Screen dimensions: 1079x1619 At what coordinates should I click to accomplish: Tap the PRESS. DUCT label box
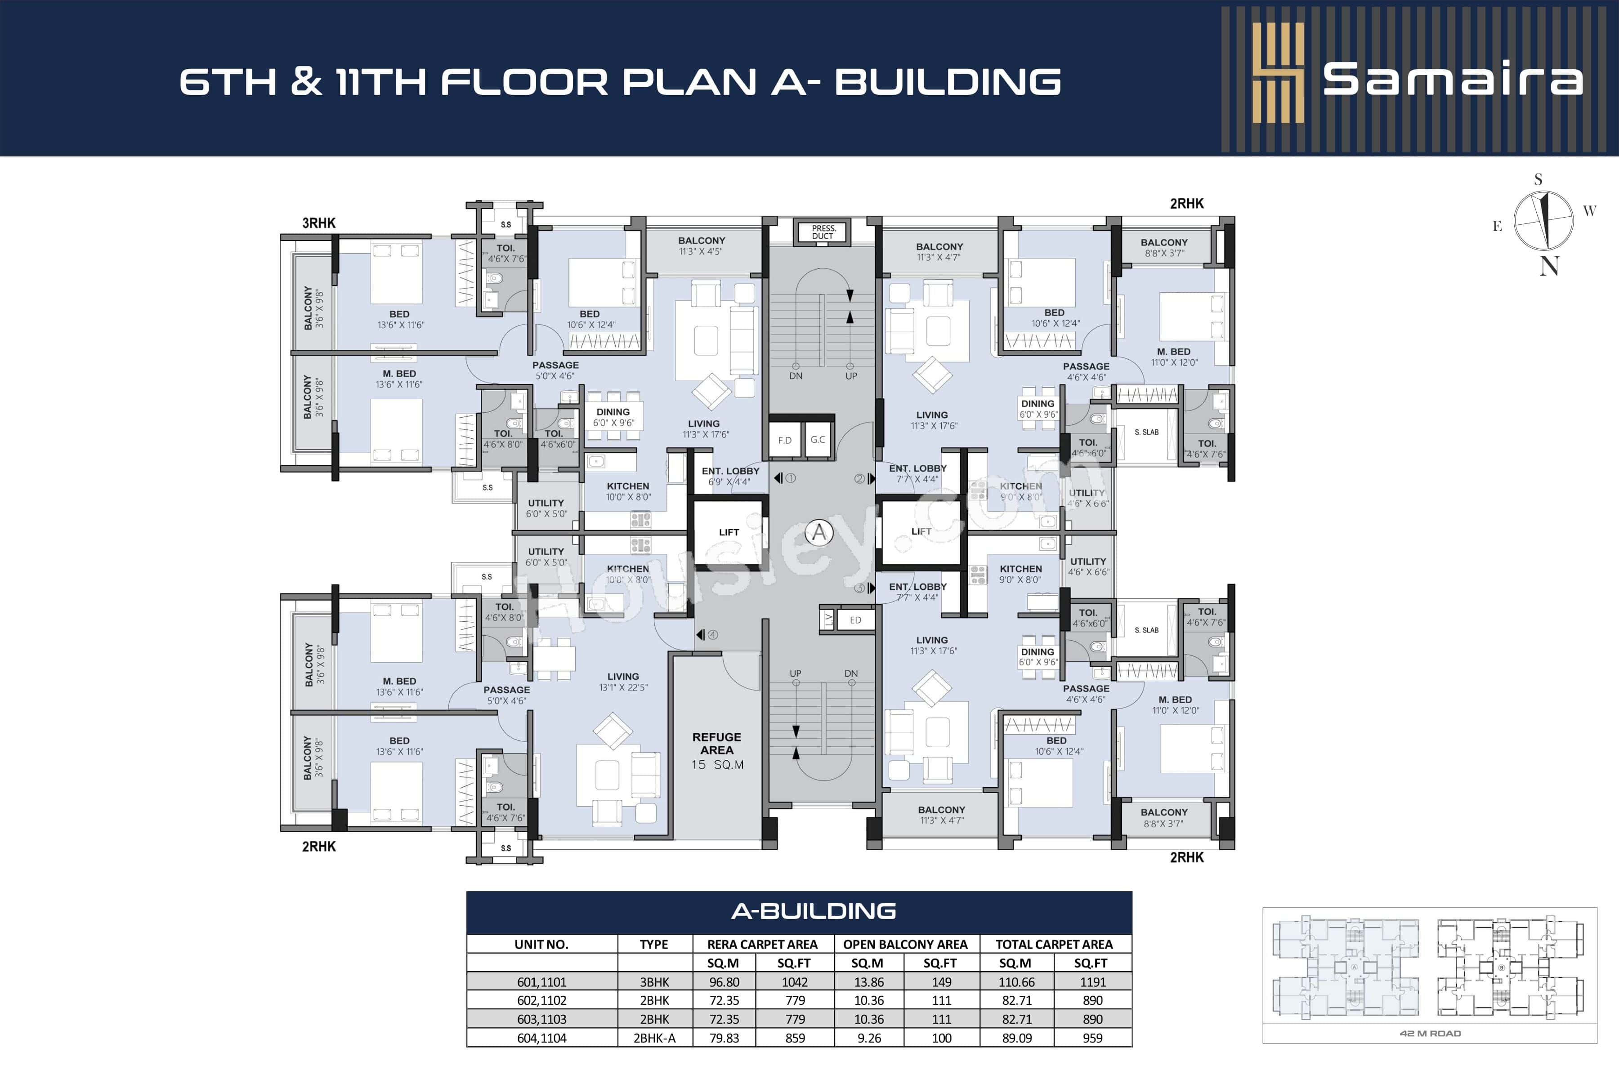[823, 232]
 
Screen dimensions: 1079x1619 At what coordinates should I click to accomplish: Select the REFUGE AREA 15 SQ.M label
[717, 750]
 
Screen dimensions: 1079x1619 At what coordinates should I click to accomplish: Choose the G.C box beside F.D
[818, 440]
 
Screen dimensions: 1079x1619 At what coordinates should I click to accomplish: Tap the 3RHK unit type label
[319, 223]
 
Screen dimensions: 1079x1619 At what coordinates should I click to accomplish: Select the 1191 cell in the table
[1092, 982]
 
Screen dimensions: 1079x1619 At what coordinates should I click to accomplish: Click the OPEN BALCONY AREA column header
[905, 944]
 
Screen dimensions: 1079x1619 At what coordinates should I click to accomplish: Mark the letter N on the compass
[1549, 266]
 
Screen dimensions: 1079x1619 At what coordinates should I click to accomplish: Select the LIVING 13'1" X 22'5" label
[623, 681]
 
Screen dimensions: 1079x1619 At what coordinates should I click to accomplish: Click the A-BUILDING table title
[814, 911]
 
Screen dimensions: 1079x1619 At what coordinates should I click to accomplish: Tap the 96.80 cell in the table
[724, 982]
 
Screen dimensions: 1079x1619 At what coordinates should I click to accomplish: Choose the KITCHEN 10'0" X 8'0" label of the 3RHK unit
[628, 491]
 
